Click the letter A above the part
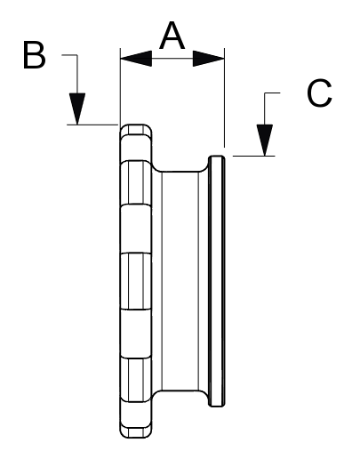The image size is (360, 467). tap(172, 36)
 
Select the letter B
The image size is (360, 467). tap(34, 55)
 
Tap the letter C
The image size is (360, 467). tap(319, 93)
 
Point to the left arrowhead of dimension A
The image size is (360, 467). tap(136, 59)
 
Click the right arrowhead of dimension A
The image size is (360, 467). tap(209, 59)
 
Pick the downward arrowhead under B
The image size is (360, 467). tap(77, 109)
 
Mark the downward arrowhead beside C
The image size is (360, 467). tap(265, 140)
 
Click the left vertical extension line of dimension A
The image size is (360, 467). tap(120, 86)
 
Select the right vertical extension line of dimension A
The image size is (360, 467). tap(224, 97)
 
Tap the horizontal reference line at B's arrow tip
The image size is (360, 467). tap(92, 125)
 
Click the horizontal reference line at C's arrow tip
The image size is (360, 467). tap(254, 156)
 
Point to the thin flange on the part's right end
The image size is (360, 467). tap(216, 281)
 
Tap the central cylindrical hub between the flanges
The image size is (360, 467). tap(180, 281)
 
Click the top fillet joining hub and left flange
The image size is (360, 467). tap(156, 167)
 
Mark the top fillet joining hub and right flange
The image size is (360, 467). tap(204, 167)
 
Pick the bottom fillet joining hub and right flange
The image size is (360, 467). tap(204, 395)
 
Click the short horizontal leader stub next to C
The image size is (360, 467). tap(272, 93)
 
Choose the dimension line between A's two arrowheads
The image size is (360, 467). tap(172, 59)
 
